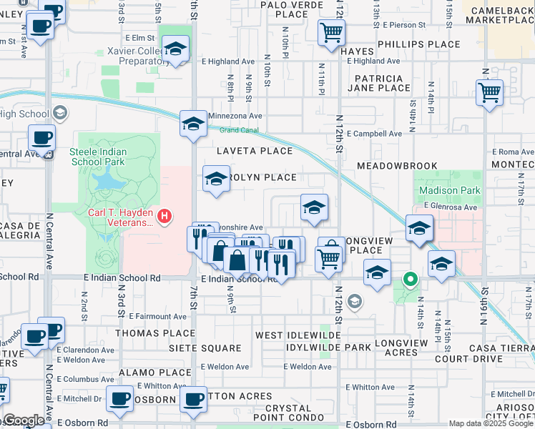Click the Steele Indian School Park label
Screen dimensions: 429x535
[97, 157]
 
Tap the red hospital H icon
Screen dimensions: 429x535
[165, 214]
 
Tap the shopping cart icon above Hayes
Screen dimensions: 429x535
[331, 32]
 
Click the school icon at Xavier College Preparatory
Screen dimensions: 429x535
[175, 50]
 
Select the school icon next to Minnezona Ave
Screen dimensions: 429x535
[193, 124]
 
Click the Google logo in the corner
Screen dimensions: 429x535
[23, 420]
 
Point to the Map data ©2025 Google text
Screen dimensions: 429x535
[491, 423]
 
